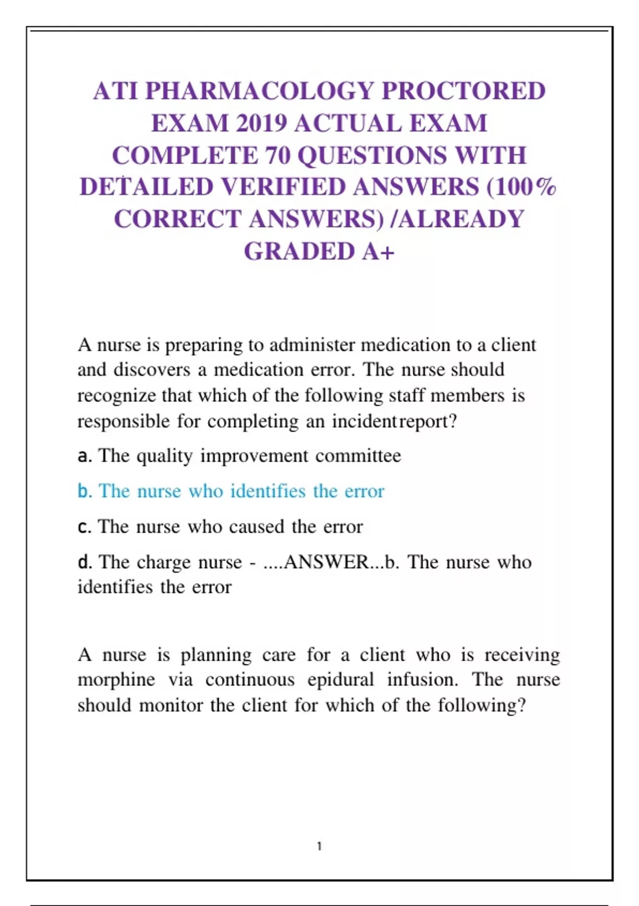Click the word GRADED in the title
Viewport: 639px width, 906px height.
click(299, 252)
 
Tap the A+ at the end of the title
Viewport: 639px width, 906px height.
click(379, 252)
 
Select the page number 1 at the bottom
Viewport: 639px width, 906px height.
click(319, 846)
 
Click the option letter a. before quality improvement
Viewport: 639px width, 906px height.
click(85, 456)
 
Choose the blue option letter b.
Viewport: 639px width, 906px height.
click(85, 491)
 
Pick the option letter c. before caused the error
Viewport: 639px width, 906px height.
click(85, 527)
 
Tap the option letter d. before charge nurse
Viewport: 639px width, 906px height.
click(85, 562)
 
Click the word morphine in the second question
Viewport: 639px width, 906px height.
click(117, 679)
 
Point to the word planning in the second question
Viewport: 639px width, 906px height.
click(216, 654)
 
